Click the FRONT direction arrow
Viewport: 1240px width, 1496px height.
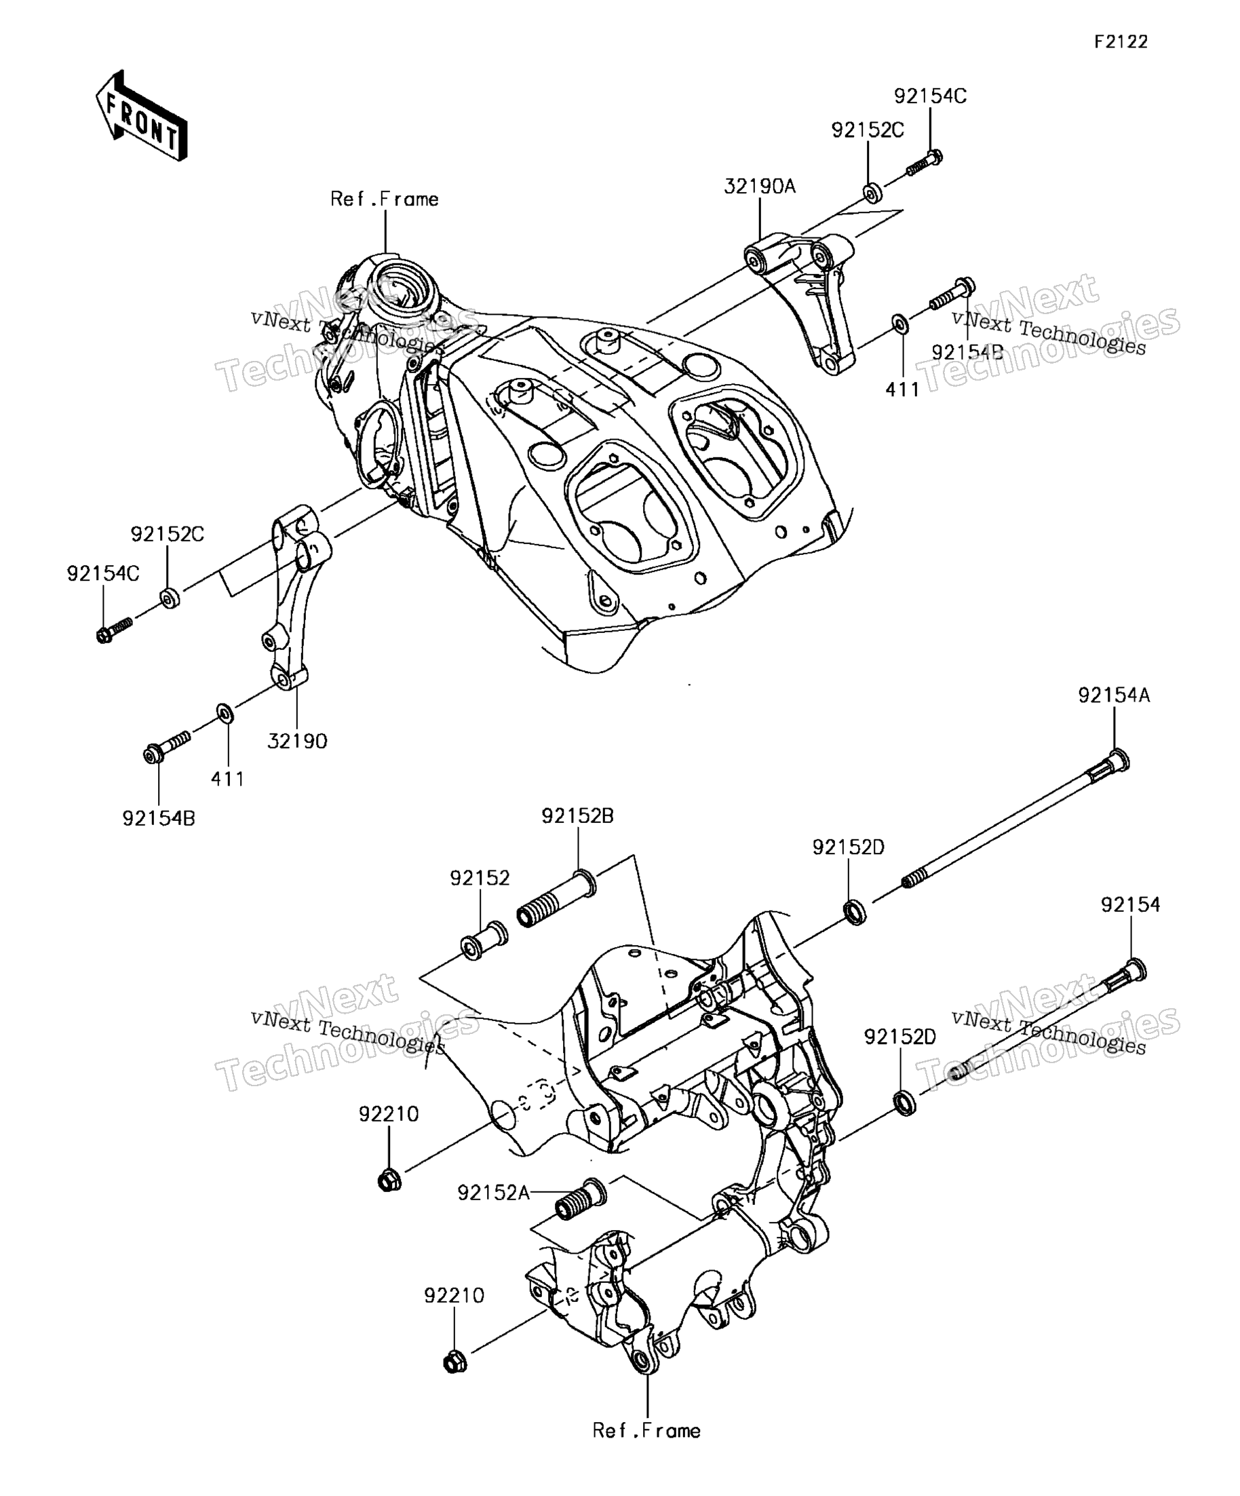[141, 115]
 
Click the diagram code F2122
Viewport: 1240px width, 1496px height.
[1121, 42]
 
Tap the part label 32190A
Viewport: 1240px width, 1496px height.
[760, 187]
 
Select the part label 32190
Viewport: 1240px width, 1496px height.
[297, 742]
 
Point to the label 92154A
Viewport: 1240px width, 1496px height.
[1114, 695]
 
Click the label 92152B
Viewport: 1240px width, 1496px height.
[578, 816]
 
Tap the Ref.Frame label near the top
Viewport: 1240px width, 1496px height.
[385, 199]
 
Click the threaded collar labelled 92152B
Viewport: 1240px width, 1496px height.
[556, 898]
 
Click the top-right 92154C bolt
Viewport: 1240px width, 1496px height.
[925, 162]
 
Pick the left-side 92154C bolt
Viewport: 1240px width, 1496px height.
[115, 630]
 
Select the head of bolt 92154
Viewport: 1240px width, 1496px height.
[1136, 970]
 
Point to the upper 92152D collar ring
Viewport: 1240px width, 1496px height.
[855, 912]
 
